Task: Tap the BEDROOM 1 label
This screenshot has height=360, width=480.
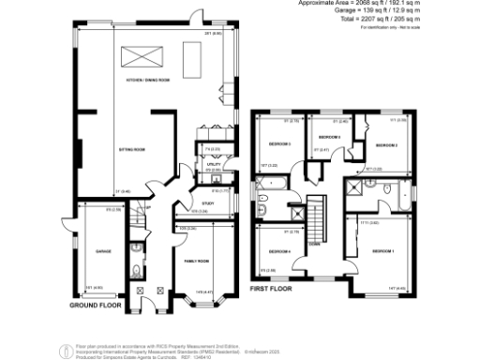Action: (382, 251)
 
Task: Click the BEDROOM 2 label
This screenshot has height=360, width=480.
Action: (388, 146)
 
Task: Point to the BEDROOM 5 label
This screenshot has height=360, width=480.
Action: (277, 145)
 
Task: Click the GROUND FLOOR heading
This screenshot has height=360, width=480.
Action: (96, 306)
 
